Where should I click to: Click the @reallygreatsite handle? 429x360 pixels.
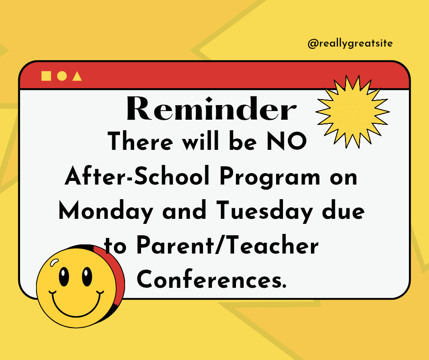tap(350, 43)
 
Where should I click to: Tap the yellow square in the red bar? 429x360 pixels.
tap(46, 76)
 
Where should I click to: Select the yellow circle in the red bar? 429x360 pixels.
tap(62, 76)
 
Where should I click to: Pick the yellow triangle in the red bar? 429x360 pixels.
tap(77, 76)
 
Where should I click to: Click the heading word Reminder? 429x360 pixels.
tap(211, 108)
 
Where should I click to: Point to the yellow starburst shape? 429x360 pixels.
tap(352, 111)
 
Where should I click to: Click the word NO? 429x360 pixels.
tap(287, 141)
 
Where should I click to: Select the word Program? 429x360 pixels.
tap(270, 178)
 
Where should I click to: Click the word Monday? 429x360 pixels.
tap(106, 211)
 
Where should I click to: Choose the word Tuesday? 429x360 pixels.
tap(264, 211)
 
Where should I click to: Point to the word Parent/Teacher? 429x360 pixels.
tap(228, 245)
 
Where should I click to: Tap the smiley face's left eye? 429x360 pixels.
tap(64, 276)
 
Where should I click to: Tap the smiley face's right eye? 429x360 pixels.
tap(87, 276)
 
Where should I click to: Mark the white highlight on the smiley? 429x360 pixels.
tap(54, 263)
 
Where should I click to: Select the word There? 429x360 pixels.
tap(141, 141)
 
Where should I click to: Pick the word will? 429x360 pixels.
tap(201, 141)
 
